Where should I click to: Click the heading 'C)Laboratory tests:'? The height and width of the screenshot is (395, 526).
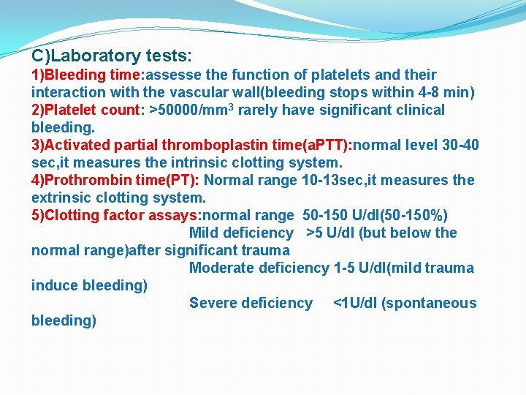pyautogui.click(x=112, y=56)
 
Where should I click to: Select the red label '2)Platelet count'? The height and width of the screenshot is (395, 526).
pyautogui.click(x=87, y=110)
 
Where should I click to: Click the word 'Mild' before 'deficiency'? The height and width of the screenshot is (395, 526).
pyautogui.click(x=205, y=233)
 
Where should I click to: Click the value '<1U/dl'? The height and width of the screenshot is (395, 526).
pyautogui.click(x=358, y=304)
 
